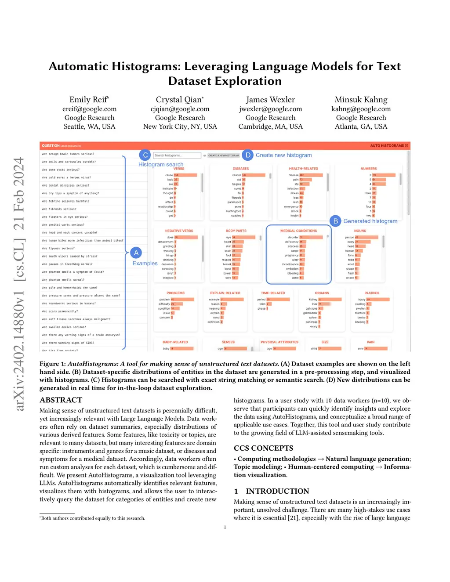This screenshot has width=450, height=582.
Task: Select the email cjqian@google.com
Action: click(180, 109)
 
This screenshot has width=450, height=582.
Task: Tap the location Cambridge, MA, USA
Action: click(270, 127)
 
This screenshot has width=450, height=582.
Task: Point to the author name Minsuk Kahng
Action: click(361, 100)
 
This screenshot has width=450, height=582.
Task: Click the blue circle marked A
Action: click(136, 253)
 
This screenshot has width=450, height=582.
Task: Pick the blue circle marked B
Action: click(335, 221)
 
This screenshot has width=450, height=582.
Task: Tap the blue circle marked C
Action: click(145, 155)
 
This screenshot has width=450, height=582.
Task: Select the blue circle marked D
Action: click(248, 155)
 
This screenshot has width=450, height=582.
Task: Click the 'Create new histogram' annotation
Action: click(283, 155)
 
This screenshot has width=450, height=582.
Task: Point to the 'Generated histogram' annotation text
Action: click(370, 221)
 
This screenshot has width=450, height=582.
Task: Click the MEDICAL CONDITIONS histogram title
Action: click(298, 231)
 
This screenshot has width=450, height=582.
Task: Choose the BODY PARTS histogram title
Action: click(236, 231)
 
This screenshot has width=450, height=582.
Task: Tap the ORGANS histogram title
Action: click(322, 293)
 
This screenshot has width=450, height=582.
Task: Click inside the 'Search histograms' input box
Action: click(177, 155)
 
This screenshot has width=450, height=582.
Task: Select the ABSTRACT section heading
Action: click(61, 400)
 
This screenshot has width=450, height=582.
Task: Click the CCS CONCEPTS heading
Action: click(263, 448)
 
